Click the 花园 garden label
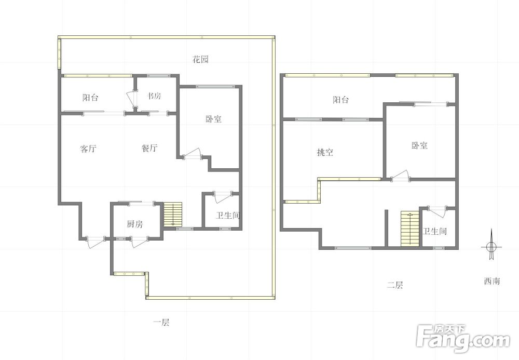click(200, 59)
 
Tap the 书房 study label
click(154, 96)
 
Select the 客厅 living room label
click(88, 149)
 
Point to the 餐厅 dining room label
click(149, 149)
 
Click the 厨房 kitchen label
click(134, 224)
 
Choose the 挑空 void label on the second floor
click(325, 152)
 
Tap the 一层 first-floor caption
click(161, 323)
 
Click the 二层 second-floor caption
click(395, 285)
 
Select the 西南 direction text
click(491, 281)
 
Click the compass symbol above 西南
click(490, 247)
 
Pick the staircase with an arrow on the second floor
click(409, 229)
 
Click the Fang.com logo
click(463, 338)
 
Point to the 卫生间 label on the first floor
click(228, 215)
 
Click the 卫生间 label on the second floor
click(434, 232)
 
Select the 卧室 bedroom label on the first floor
click(213, 119)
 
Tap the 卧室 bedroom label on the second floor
click(419, 145)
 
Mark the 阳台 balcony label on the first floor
click(90, 97)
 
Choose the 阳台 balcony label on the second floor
click(340, 100)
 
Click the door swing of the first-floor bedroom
click(193, 154)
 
